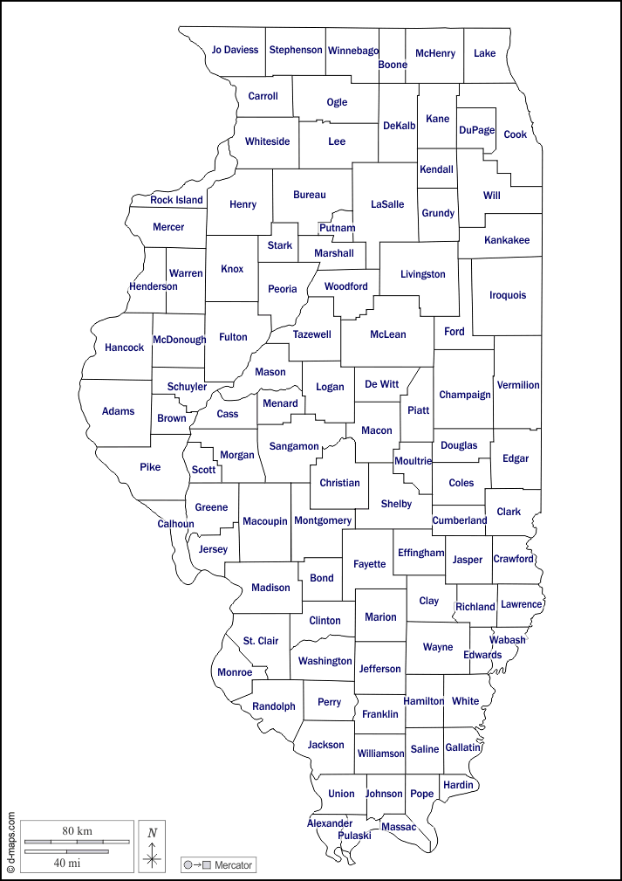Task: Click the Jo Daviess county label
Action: (x=235, y=50)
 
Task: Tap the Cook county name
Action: (x=516, y=134)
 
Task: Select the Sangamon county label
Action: (x=294, y=446)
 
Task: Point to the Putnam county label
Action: (x=337, y=228)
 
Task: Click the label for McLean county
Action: (x=387, y=334)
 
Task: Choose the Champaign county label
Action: (x=465, y=395)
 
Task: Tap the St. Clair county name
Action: (x=261, y=641)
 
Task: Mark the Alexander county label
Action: (x=330, y=823)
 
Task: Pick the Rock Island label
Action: (x=176, y=200)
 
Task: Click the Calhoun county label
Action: (x=175, y=524)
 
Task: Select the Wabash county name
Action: (x=508, y=640)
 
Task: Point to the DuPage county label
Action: (x=476, y=130)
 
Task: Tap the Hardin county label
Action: (x=458, y=785)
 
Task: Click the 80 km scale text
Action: (x=77, y=830)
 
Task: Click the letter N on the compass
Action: (x=152, y=833)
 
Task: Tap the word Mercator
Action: (x=233, y=865)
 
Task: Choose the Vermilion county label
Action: (x=518, y=385)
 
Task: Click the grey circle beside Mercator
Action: (x=188, y=865)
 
